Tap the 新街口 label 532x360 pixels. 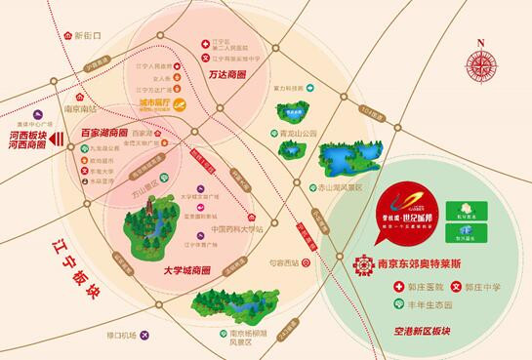coord(87,35)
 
